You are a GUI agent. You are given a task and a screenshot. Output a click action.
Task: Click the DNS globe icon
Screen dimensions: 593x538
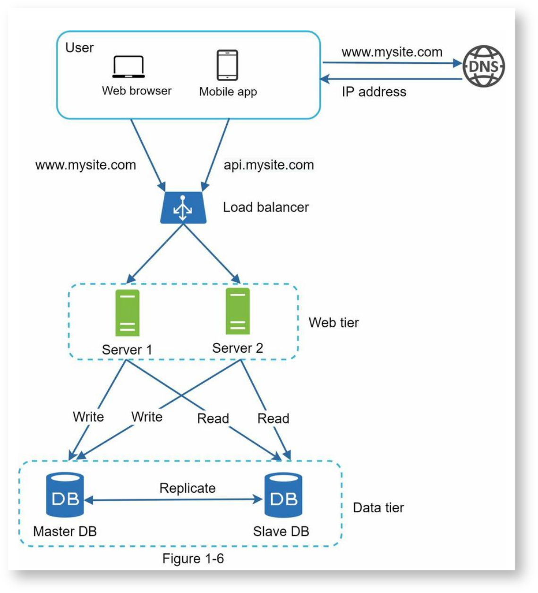click(x=483, y=66)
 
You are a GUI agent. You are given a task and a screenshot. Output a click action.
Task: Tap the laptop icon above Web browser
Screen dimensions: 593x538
click(x=128, y=67)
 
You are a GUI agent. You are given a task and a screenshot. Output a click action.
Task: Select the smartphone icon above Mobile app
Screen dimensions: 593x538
click(x=227, y=65)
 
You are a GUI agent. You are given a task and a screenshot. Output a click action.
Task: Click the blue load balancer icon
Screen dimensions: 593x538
click(x=183, y=208)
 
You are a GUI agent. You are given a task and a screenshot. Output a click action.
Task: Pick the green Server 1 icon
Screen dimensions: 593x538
click(x=128, y=313)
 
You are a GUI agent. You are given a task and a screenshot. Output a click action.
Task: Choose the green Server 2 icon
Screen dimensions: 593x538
click(x=238, y=311)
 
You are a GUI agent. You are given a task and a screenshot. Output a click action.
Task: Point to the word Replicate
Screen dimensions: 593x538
click(x=188, y=488)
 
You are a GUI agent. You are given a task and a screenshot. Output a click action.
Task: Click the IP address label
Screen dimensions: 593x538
click(x=374, y=92)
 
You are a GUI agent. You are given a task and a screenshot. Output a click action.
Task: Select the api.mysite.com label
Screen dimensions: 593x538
click(x=269, y=165)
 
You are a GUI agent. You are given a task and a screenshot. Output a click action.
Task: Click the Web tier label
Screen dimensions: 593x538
click(x=333, y=322)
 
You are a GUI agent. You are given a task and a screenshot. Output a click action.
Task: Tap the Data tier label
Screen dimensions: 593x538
click(x=378, y=508)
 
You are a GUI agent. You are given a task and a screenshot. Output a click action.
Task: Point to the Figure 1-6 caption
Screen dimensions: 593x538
click(x=193, y=559)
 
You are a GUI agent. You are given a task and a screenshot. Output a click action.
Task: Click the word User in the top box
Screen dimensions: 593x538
click(x=79, y=48)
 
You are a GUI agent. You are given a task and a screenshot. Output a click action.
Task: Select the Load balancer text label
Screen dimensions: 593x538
click(x=266, y=207)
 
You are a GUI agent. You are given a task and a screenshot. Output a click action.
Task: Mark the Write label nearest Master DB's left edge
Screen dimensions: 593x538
click(x=88, y=417)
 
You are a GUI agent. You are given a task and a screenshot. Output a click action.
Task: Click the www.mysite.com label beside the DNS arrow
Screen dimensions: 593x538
click(x=392, y=52)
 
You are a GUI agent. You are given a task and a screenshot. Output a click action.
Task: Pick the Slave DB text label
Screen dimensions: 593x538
click(x=281, y=532)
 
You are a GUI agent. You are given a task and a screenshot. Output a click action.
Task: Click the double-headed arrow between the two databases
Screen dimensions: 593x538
click(x=174, y=500)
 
